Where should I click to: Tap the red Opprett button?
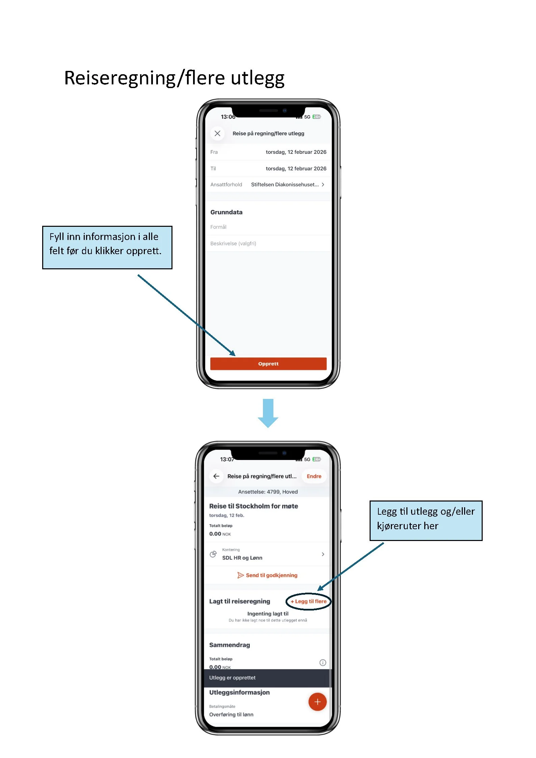coord(268,364)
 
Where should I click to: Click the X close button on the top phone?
coord(217,133)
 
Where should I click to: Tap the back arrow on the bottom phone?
coord(216,476)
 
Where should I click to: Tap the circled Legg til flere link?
coord(309,601)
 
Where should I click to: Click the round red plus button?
coord(317,702)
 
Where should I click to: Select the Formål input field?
coord(268,227)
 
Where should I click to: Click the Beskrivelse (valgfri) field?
coord(268,243)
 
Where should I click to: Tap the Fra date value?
coord(296,152)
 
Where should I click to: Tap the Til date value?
coord(296,168)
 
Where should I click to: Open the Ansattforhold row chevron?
coord(323,185)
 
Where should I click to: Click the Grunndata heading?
coord(226,212)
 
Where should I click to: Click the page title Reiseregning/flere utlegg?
coord(174,78)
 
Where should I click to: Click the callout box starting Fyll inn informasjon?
coord(107,247)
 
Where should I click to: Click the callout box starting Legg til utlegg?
coord(426,520)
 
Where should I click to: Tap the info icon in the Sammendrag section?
coord(323,662)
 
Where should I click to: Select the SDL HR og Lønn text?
coord(242,558)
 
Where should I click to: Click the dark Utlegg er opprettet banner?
coord(268,678)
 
